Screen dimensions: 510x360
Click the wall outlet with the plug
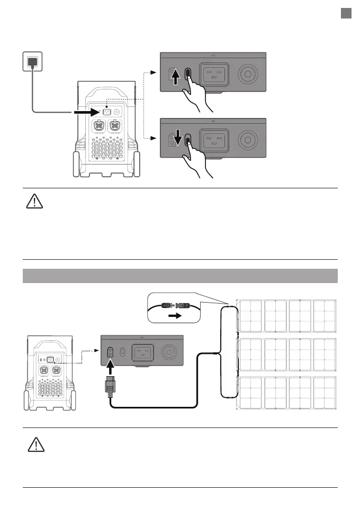click(32, 61)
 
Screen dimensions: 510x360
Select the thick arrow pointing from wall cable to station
click(84, 112)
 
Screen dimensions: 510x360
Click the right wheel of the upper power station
click(138, 165)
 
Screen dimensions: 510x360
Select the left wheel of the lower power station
click(27, 400)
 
